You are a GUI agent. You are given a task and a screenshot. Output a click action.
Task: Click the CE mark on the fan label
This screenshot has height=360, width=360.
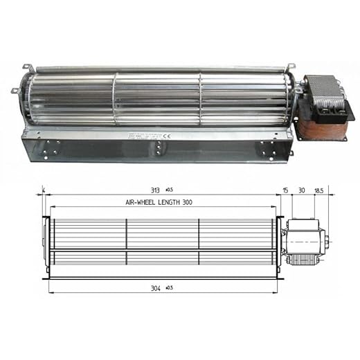[x=158, y=136]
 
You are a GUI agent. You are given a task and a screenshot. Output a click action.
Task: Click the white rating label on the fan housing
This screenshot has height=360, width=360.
[x=142, y=136]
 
